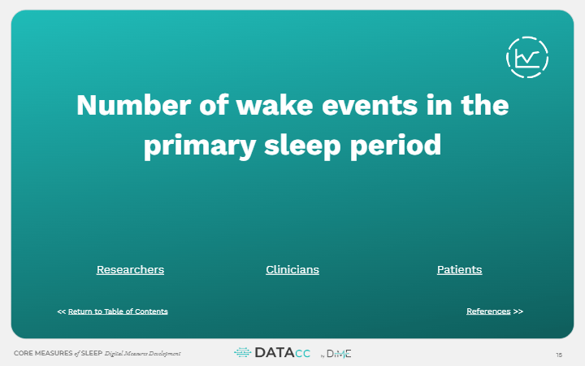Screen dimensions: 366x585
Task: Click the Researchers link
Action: click(x=130, y=269)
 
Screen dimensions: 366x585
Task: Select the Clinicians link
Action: click(x=292, y=269)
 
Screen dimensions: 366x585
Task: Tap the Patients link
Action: click(x=459, y=269)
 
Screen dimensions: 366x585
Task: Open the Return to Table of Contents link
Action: click(x=118, y=312)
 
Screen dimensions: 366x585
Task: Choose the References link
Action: click(x=488, y=312)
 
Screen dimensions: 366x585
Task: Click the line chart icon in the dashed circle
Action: click(x=526, y=58)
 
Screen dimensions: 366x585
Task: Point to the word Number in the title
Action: click(x=131, y=106)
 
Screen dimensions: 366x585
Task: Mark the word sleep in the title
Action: click(x=310, y=146)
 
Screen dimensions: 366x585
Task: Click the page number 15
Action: click(x=559, y=354)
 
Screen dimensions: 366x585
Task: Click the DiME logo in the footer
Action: click(x=340, y=353)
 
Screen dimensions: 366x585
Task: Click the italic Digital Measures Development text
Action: click(x=143, y=354)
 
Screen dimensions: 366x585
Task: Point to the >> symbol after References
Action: click(x=518, y=312)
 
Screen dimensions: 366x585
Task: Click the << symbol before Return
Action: click(x=62, y=312)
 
